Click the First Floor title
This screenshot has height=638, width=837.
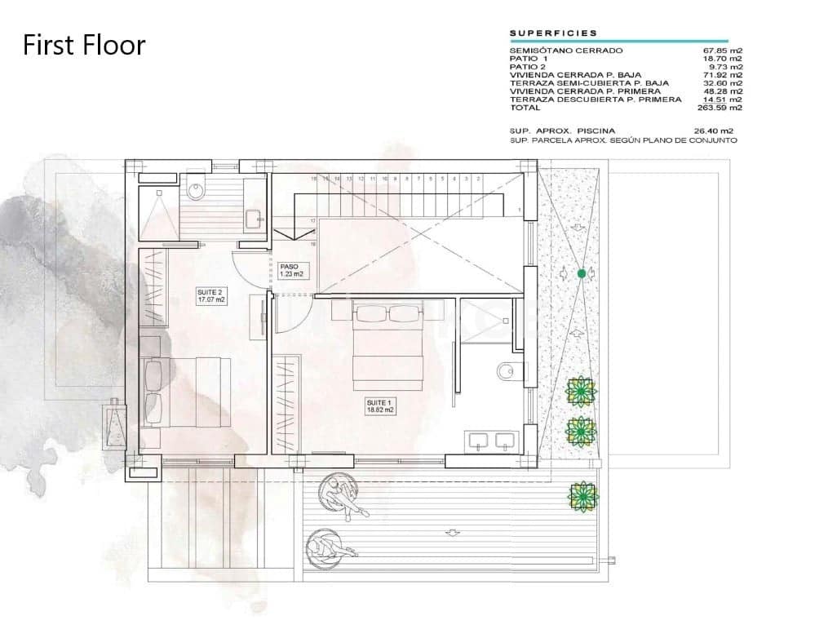[x=84, y=45]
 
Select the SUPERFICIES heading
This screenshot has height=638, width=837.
[x=553, y=33]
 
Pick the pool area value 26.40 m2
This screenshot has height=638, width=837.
[x=713, y=131]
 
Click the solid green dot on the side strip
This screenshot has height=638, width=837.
[x=582, y=273]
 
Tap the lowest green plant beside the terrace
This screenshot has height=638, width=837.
[x=583, y=494]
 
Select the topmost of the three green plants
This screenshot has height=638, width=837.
[x=580, y=391]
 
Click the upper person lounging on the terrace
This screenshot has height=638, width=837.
[x=343, y=495]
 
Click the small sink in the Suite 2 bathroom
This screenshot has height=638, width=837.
[x=254, y=218]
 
